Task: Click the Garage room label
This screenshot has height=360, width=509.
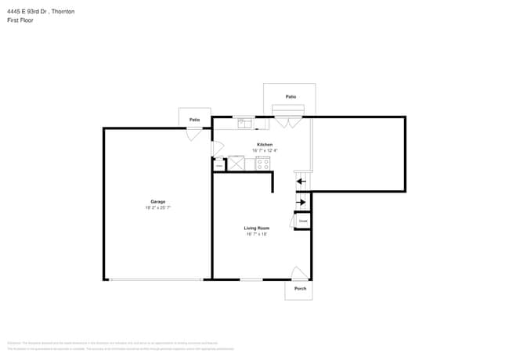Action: pos(158,201)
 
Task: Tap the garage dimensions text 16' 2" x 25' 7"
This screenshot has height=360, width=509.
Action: pos(158,207)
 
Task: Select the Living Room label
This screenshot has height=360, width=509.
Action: pos(257,228)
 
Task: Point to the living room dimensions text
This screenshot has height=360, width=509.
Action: pos(257,234)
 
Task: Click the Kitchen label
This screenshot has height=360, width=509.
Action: pos(265,145)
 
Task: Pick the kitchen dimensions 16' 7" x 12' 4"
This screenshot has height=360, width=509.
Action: pos(265,150)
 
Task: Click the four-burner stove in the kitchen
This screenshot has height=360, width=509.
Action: pos(262,164)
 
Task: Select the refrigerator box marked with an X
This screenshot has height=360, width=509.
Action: pos(236,164)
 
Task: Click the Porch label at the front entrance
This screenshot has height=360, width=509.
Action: pos(300,289)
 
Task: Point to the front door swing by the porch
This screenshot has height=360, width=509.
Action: pos(299,274)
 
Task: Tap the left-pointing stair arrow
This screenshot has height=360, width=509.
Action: pos(301,182)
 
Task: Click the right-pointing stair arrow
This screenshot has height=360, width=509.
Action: pos(301,203)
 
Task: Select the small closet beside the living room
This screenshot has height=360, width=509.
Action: pos(302,221)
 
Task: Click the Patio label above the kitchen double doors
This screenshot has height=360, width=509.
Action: pos(291,96)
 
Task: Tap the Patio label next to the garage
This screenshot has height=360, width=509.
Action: pos(194,119)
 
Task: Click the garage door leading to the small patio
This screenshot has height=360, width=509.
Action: pos(193,134)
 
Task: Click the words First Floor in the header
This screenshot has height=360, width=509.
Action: pos(21,20)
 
